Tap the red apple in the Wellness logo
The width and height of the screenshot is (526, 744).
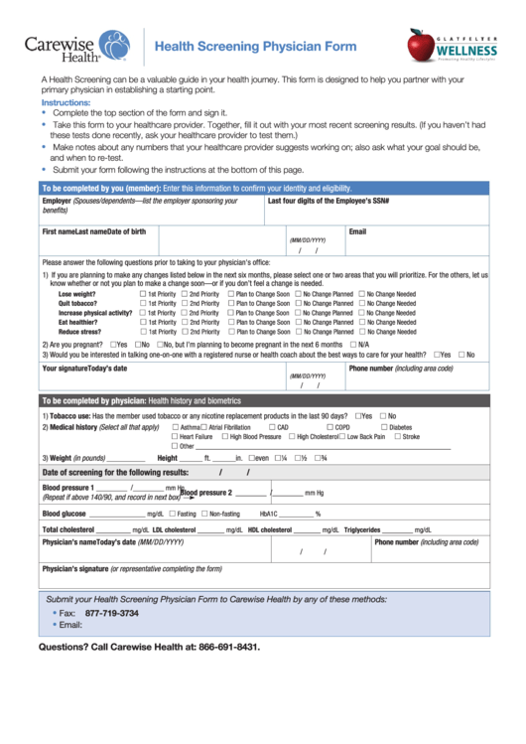[421, 45]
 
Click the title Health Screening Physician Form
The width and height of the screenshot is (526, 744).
[254, 47]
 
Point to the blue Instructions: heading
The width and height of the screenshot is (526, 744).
[66, 102]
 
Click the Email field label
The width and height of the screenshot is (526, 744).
[357, 231]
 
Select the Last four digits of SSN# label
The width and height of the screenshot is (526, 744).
[329, 201]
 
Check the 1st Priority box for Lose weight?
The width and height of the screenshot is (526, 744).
[144, 295]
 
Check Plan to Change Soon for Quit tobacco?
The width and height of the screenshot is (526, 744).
[229, 304]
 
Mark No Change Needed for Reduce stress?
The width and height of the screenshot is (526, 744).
[362, 331]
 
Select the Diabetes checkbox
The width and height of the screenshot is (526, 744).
[384, 427]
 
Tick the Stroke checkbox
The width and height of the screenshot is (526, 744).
[397, 436]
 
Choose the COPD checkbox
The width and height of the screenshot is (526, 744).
[329, 427]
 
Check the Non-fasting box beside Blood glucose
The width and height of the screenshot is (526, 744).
[203, 514]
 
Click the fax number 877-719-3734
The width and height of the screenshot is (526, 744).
[112, 614]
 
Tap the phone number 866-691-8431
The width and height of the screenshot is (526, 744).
[227, 647]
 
